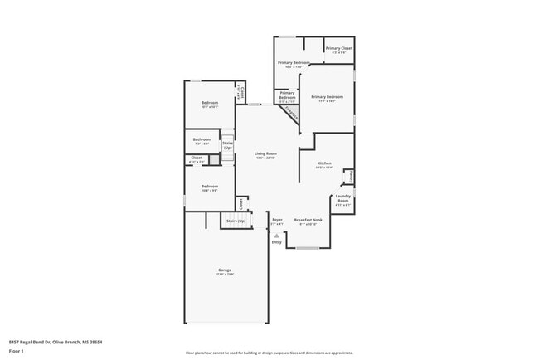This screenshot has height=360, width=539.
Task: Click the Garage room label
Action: [x=225, y=271]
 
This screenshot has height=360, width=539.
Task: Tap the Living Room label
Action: [x=265, y=154]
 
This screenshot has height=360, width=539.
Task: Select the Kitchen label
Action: [x=324, y=163]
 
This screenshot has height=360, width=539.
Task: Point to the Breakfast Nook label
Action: [x=308, y=220]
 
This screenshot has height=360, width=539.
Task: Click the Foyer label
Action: [x=277, y=220]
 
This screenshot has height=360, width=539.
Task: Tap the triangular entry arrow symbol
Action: [x=277, y=235]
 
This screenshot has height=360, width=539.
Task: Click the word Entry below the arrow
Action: [x=277, y=242]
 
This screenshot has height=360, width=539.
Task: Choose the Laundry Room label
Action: [x=342, y=198]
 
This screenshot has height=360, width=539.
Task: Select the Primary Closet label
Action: [x=338, y=49]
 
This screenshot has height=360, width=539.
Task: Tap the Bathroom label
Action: [x=202, y=139]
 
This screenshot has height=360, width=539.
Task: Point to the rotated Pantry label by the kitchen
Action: [x=351, y=176]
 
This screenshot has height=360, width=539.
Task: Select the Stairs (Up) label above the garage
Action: [x=236, y=221]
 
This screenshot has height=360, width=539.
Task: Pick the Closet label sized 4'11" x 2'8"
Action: [x=197, y=158]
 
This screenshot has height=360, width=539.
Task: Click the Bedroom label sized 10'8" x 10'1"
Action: [x=209, y=103]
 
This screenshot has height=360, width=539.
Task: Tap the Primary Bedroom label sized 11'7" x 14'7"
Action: [x=328, y=96]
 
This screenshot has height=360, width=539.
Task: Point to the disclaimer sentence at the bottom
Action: [x=269, y=353]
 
